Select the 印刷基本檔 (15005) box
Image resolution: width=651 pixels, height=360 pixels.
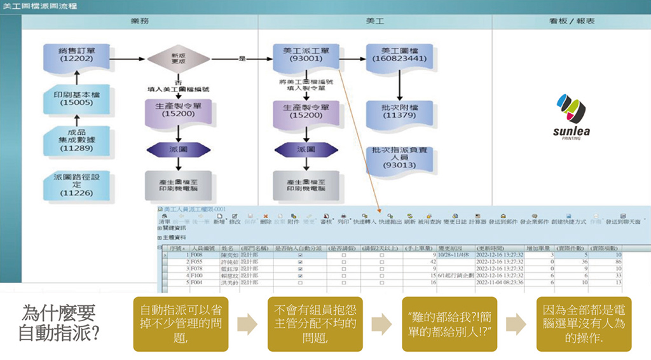tap(77, 98)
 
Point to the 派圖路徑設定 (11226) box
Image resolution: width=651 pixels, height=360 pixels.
tap(77, 184)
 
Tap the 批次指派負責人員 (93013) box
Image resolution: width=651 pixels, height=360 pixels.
tap(399, 158)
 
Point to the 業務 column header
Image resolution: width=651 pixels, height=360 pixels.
tap(140, 21)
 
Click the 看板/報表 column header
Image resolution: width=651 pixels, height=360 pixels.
tap(572, 21)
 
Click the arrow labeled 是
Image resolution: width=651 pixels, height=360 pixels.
tap(242, 59)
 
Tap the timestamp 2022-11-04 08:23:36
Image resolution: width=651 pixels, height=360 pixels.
tap(499, 281)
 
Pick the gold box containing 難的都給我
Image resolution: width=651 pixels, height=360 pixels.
tap(449, 323)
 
